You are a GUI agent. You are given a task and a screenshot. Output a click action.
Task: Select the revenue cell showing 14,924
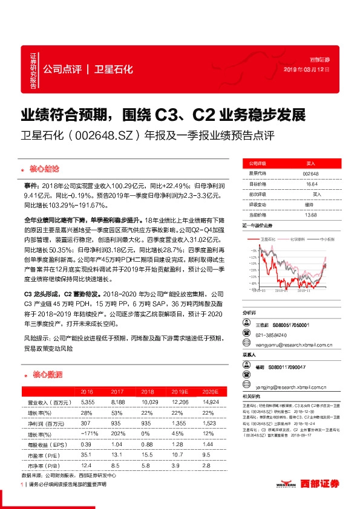tap(206, 402)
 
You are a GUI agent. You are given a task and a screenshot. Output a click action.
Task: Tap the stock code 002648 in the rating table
tap(310, 173)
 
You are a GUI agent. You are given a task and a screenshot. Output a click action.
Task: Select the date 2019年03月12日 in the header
tap(306, 70)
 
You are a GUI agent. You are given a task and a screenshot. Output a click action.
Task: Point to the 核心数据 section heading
tap(45, 374)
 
